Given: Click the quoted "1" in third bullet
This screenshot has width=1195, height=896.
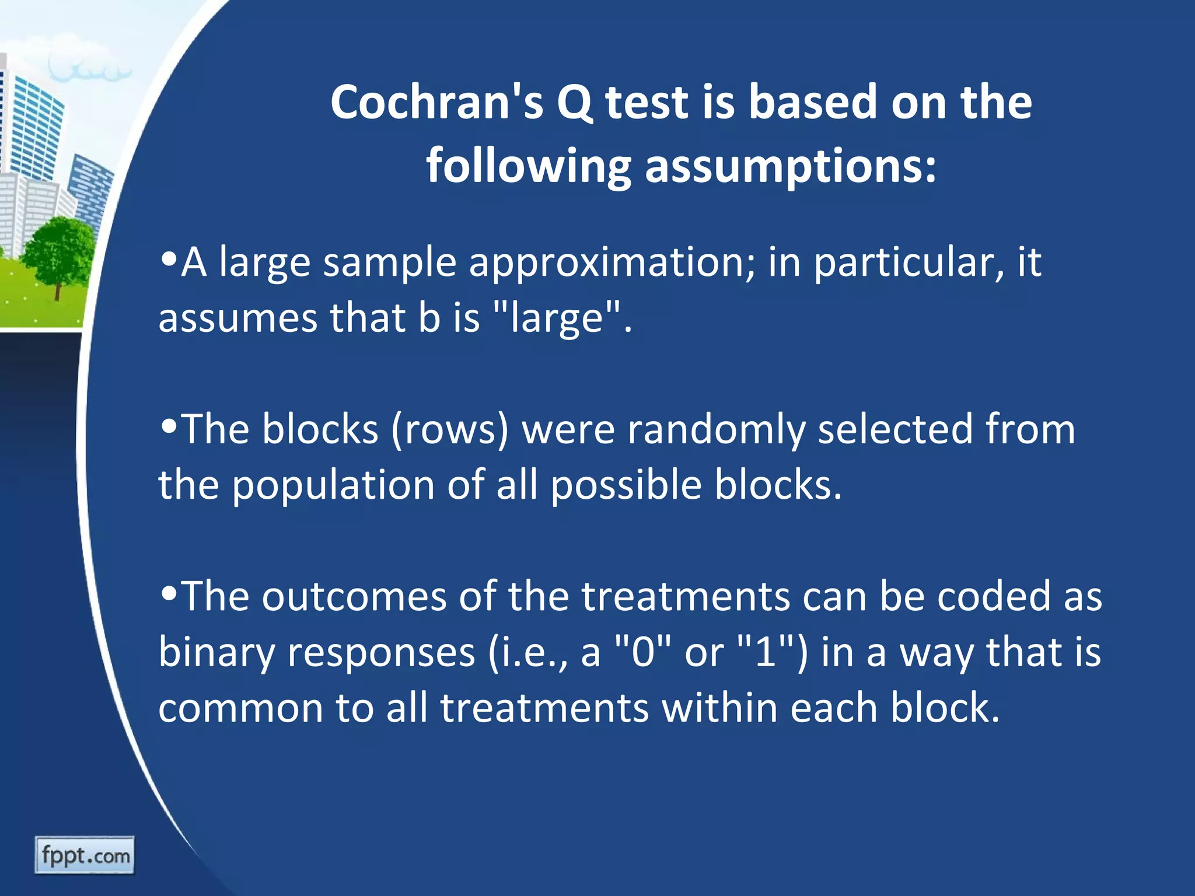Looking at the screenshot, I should tap(765, 652).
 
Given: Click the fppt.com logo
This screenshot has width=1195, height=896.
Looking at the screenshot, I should tap(85, 856).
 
